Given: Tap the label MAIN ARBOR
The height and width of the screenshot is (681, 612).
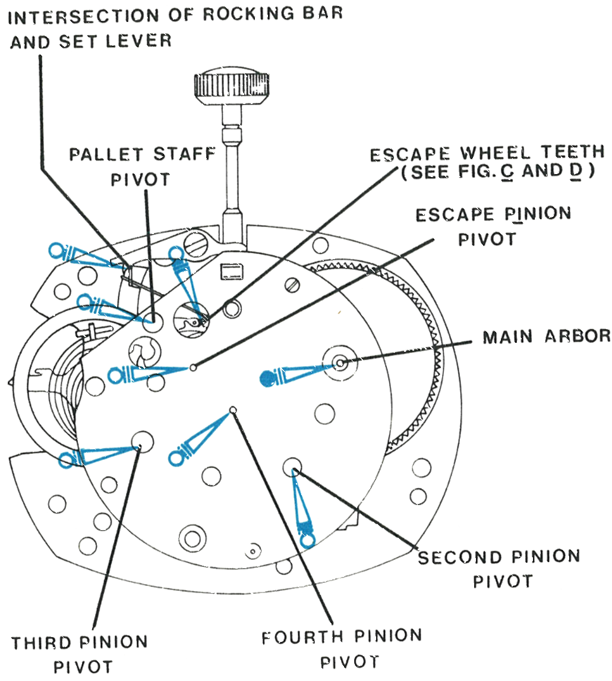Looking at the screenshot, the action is [547, 336].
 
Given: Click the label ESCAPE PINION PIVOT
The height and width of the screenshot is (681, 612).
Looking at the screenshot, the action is [493, 226].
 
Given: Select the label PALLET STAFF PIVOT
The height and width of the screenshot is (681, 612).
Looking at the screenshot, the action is [142, 167].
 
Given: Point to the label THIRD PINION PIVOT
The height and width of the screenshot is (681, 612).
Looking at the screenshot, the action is [80, 654].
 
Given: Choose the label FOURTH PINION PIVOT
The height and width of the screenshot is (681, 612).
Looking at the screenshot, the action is [342, 650].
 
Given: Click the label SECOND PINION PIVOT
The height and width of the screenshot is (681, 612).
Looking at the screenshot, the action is [499, 569].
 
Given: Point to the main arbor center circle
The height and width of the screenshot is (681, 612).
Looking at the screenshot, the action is [340, 362].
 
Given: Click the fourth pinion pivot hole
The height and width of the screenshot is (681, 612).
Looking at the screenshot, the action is [233, 409].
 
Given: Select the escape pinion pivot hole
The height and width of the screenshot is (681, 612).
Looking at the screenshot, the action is [193, 368].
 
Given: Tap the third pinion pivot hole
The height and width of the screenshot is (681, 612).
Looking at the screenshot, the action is [143, 442].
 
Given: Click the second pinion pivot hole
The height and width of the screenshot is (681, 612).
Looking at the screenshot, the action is [292, 467].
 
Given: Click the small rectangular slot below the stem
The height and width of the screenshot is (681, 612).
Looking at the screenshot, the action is [232, 272].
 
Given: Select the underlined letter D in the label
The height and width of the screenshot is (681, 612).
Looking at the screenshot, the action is [576, 171].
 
